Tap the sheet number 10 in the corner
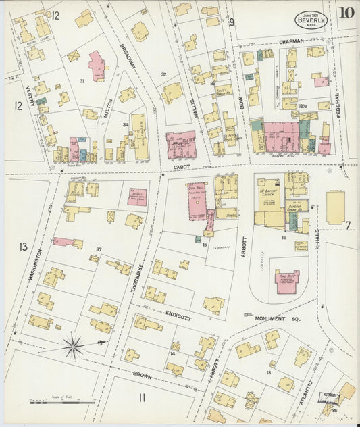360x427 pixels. point(347,13)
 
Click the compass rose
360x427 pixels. point(73,346)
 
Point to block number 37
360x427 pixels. point(99,249)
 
